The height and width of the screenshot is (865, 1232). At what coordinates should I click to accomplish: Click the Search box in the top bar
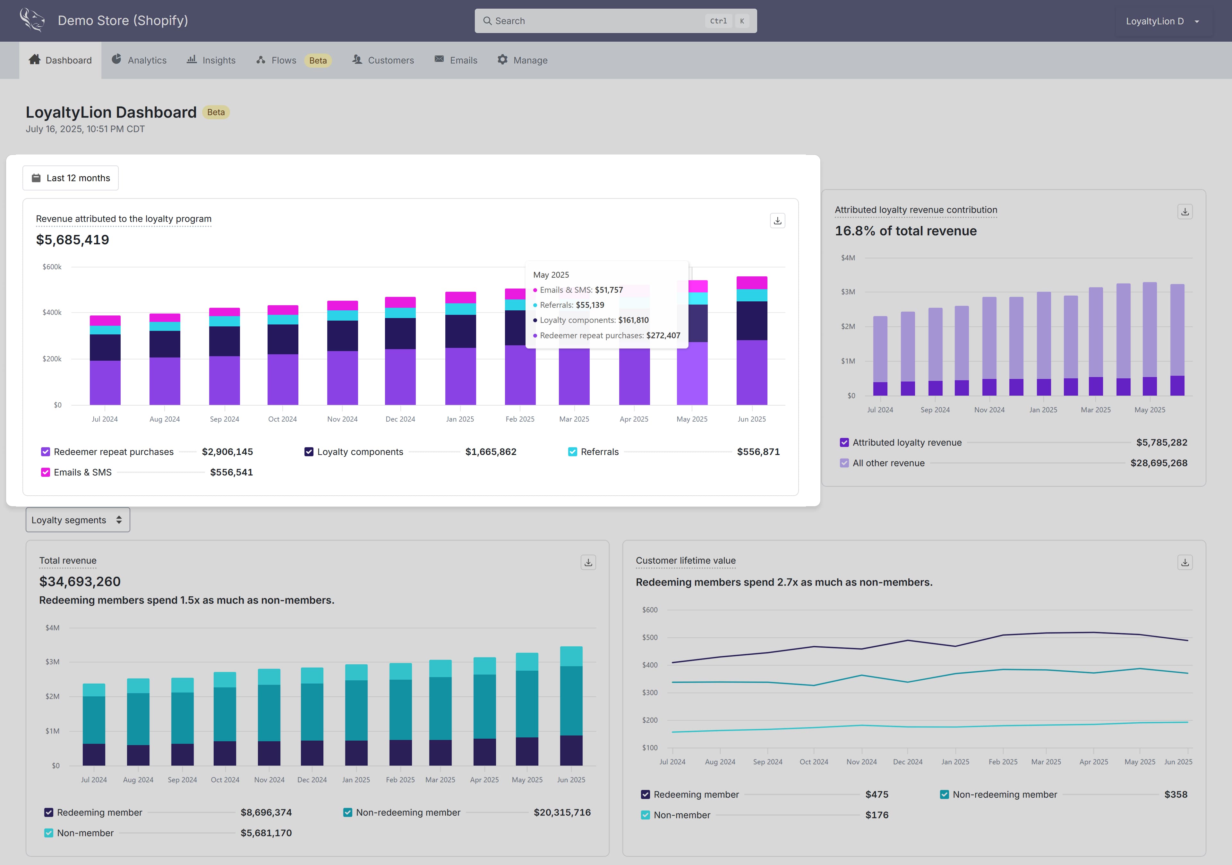615,21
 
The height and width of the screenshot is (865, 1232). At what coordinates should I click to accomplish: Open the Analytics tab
139,60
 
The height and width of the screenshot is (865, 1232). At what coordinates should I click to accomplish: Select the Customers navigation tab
382,60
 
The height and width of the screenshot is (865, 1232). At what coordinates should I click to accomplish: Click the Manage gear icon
502,60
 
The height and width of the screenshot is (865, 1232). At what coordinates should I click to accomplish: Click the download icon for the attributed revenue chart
777,220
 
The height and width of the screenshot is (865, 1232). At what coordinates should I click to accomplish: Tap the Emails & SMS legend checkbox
46,472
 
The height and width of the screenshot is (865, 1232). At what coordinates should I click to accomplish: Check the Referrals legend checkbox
573,451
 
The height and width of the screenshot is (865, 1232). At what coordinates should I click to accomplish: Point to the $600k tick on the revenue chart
52,266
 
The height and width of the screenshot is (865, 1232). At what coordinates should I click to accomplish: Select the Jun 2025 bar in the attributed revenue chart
752,340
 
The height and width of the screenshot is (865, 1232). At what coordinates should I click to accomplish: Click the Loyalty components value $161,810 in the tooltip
633,320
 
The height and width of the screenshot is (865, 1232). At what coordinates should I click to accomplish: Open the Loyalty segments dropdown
78,520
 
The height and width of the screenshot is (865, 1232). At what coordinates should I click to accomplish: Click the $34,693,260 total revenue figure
80,581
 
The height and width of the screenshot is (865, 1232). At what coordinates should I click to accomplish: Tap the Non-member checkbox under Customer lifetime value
646,815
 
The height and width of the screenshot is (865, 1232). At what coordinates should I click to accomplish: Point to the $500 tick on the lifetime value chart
650,637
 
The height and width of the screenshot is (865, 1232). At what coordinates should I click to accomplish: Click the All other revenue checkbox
844,463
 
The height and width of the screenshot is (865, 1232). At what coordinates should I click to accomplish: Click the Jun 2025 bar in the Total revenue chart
571,706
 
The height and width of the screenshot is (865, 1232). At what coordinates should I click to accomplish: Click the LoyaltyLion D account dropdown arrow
1197,21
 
